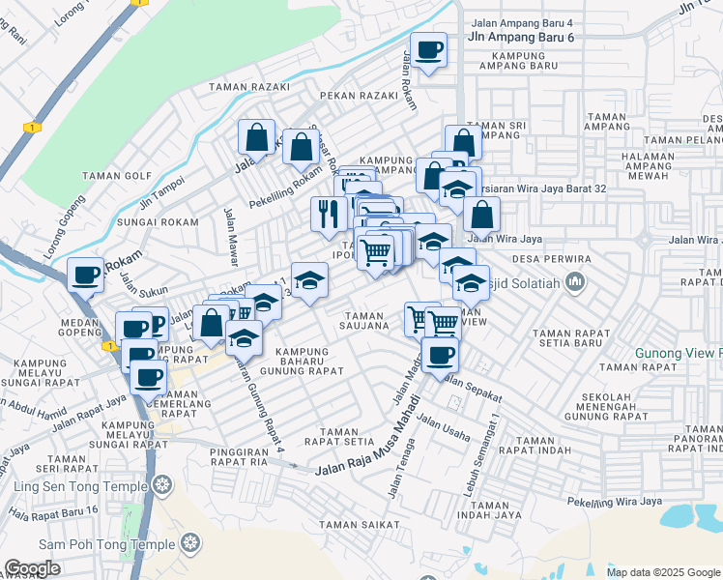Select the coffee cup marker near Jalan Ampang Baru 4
(x=428, y=48)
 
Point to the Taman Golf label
(x=118, y=176)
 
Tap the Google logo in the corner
(x=33, y=568)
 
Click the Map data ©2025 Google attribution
(x=663, y=572)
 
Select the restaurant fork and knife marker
(x=329, y=212)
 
